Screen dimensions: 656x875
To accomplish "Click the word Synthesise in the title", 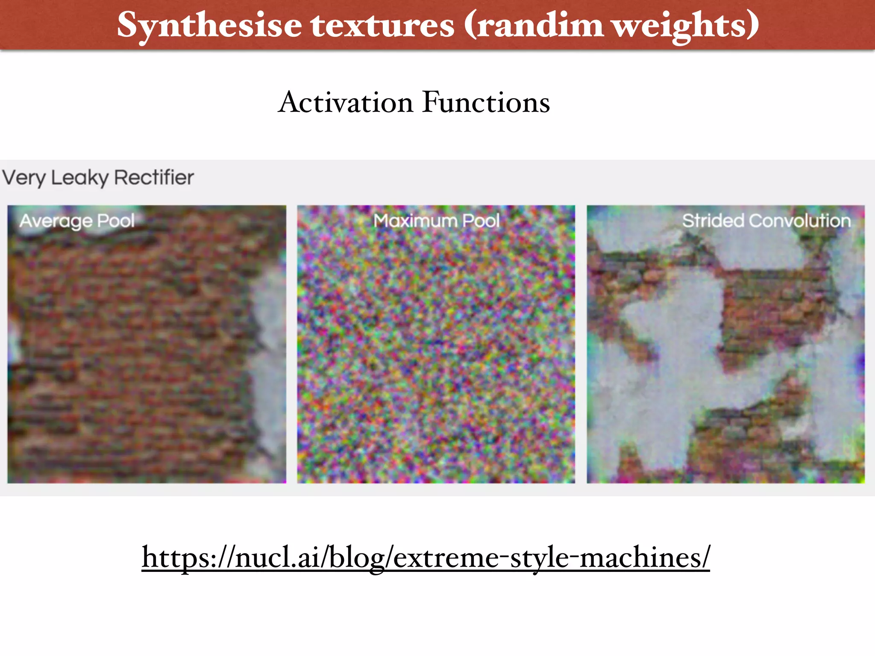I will point(209,25).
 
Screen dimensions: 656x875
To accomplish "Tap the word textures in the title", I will point(382,25).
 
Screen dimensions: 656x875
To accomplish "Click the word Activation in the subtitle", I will point(346,102).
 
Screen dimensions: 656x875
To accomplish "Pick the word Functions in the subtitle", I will point(486,102).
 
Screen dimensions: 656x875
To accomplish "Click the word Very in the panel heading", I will point(24,178).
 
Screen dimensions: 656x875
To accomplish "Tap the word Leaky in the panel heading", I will point(79,178).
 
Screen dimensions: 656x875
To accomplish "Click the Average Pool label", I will point(77,221).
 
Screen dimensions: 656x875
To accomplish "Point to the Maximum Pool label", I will point(436,221).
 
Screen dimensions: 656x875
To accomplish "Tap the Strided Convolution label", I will point(766,221).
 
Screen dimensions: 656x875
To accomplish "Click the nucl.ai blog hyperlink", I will point(426,557).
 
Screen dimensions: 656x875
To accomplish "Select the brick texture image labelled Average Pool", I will point(147,354).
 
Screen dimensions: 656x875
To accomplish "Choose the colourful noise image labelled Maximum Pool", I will point(436,354).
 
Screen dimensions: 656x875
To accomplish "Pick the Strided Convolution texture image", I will point(725,354).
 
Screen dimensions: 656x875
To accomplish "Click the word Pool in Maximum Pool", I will point(481,221).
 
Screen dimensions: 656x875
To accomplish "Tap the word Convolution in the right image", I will point(800,221).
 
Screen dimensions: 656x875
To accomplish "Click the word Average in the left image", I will point(56,221).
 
